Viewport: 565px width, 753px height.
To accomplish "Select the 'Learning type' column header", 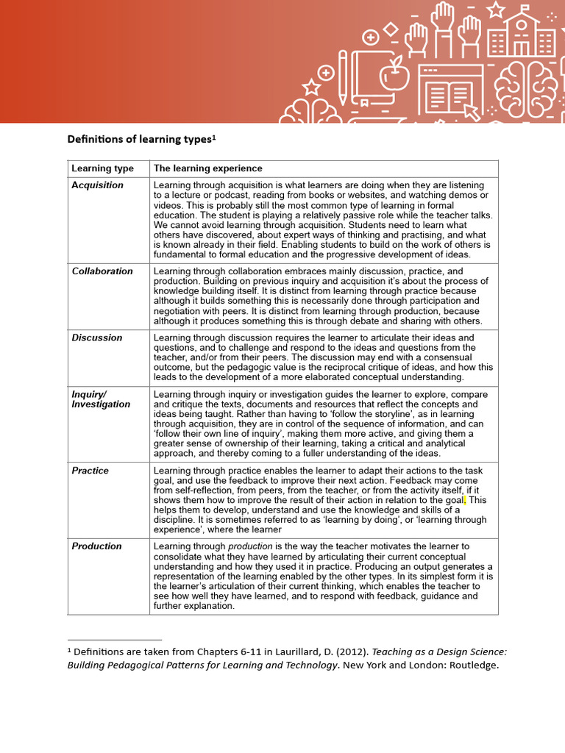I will [102, 168].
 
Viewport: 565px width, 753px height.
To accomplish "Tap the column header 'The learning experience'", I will [207, 168].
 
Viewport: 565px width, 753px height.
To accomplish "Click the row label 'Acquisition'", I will [97, 185].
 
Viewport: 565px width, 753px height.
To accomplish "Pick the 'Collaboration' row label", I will [102, 271].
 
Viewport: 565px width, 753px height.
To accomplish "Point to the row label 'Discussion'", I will [97, 338].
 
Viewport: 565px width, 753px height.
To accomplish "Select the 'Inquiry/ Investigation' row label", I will [101, 399].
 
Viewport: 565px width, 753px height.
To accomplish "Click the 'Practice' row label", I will [90, 471].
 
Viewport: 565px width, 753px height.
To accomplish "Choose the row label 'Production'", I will [96, 546].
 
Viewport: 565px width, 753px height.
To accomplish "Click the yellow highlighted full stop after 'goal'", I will [464, 500].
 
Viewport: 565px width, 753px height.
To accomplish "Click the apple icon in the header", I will [394, 72].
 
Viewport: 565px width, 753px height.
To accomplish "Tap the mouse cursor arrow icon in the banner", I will [471, 112].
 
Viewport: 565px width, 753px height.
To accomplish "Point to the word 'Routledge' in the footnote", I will [474, 665].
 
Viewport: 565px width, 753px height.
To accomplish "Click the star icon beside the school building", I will [495, 9].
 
